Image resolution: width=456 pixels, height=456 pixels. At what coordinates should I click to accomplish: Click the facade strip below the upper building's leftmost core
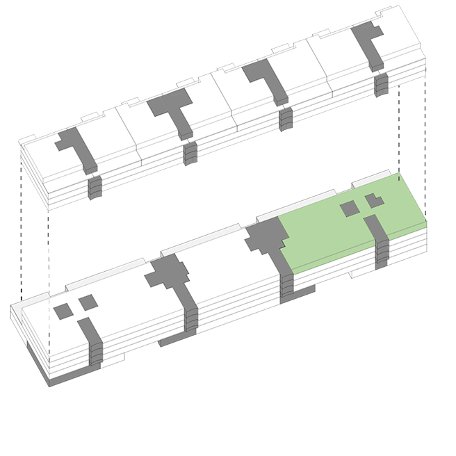tap(96, 185)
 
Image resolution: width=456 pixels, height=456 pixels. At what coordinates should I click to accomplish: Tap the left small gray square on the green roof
tap(348, 209)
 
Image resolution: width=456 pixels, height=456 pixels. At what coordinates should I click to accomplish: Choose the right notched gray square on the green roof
tap(375, 201)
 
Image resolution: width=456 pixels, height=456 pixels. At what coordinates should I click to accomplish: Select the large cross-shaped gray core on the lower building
tap(168, 274)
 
